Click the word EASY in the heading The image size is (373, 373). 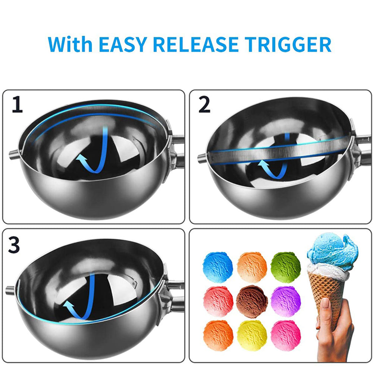click(x=122, y=44)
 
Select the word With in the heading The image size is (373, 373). click(x=70, y=44)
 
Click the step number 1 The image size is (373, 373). click(x=17, y=105)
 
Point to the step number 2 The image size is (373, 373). click(x=204, y=105)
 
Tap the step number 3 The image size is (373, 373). click(x=14, y=245)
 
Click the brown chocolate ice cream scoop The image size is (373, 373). click(x=252, y=302)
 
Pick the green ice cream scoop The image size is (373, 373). click(x=286, y=267)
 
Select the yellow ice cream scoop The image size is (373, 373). click(x=252, y=336)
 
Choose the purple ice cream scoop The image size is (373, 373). click(x=286, y=302)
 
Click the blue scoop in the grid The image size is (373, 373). click(x=218, y=267)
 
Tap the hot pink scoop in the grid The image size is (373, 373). click(x=286, y=336)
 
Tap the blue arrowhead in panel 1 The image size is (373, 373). click(x=81, y=158)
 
